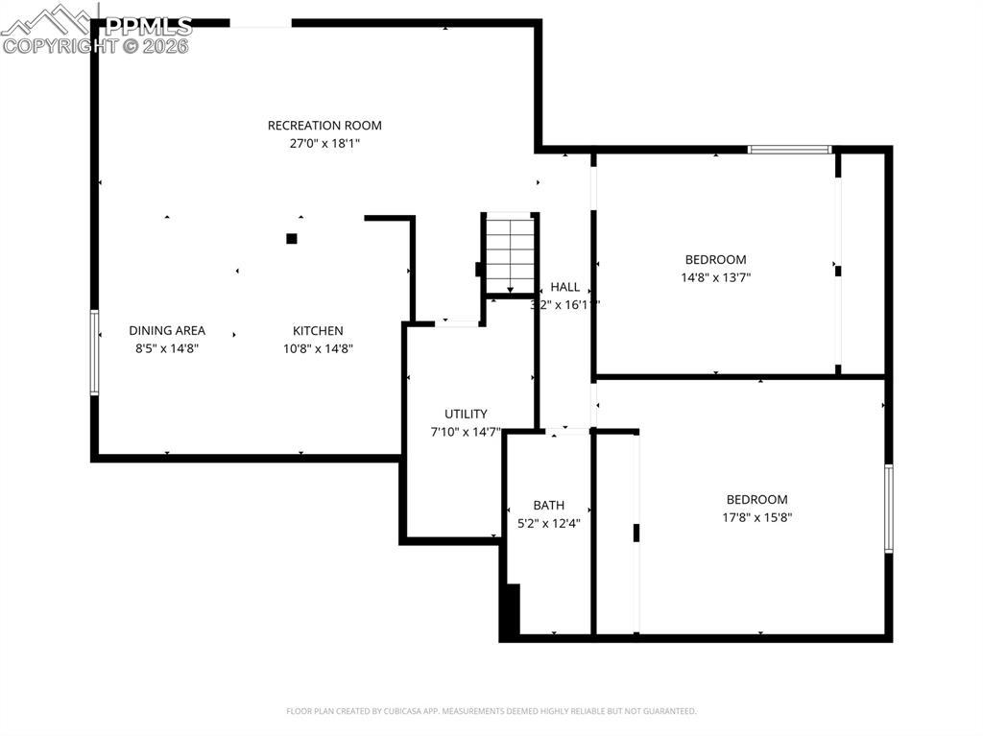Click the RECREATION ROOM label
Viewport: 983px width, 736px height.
coord(324,125)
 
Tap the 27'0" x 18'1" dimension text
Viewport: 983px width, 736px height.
coord(324,143)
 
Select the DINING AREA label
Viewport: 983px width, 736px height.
coord(167,330)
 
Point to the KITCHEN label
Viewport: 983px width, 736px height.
coord(318,330)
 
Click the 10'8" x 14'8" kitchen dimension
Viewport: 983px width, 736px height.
coord(318,348)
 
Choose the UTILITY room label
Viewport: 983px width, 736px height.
coord(466,414)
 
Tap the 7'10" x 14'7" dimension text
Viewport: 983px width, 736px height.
coord(466,432)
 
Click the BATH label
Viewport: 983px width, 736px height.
coord(549,505)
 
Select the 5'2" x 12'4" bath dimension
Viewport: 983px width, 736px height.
coord(549,523)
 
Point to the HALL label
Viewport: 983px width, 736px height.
coord(564,286)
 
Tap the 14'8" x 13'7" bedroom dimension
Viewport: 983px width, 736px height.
coord(715,277)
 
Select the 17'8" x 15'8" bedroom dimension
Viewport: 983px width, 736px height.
coord(756,517)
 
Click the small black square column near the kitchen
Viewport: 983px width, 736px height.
coord(292,238)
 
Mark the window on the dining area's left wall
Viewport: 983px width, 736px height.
coord(94,352)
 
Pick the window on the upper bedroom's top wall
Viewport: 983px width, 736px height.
coord(789,150)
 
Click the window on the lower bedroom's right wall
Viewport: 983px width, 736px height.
coord(888,509)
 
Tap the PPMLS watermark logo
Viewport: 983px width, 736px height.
coord(96,29)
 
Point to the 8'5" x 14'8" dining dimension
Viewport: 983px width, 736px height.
coord(167,348)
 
